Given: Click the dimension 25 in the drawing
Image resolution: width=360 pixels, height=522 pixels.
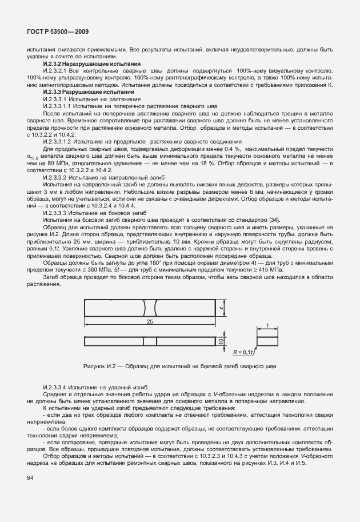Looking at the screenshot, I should coord(149,322).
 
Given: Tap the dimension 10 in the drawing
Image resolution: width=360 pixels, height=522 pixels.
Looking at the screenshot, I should coord(220,341).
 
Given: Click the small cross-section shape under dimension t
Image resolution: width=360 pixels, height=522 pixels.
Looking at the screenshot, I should coord(267,341).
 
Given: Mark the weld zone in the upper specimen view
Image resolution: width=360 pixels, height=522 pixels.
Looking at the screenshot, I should coord(150,308).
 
